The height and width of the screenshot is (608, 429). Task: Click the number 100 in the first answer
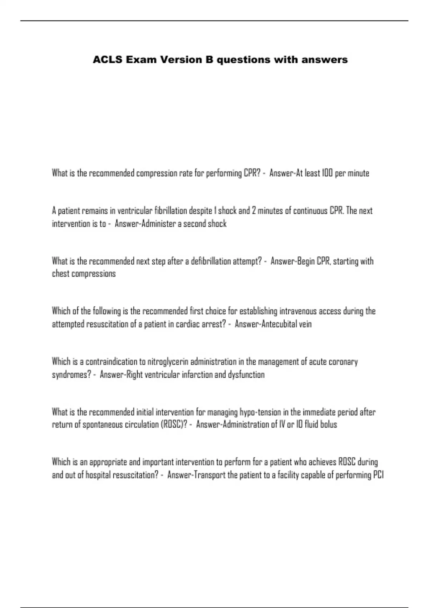pos(327,173)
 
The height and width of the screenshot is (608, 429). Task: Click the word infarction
pos(197,375)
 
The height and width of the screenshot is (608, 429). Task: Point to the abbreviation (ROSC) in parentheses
pos(175,425)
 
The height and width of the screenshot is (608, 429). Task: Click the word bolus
pos(329,425)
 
